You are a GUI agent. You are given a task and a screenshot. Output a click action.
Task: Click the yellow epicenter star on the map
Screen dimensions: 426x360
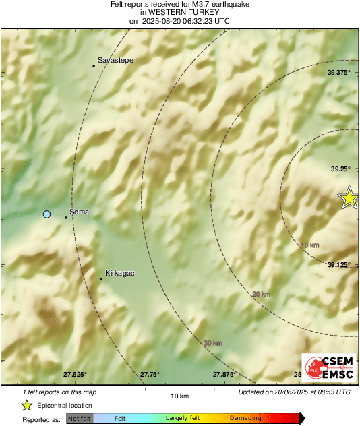point(349,197)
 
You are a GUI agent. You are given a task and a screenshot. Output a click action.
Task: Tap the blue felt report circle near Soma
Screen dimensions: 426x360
point(47,214)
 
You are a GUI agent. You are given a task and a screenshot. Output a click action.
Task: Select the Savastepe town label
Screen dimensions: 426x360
point(116,61)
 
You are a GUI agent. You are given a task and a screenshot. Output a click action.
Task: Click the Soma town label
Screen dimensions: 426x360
point(80,212)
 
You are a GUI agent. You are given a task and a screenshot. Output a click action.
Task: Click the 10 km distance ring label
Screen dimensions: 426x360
point(310,245)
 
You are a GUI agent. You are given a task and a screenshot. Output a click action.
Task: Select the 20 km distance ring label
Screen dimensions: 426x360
point(261,294)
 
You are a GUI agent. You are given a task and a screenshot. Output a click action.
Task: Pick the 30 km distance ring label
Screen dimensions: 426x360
point(213,343)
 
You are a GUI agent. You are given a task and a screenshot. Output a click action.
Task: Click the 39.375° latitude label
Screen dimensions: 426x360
point(339,72)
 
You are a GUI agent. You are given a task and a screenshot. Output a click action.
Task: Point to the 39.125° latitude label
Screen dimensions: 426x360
point(339,265)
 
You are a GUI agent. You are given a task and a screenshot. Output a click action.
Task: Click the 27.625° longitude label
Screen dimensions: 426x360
point(76,374)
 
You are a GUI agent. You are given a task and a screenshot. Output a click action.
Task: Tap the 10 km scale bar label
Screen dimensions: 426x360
point(179,395)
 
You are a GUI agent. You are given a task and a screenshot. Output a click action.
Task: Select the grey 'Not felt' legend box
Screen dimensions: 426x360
point(80,419)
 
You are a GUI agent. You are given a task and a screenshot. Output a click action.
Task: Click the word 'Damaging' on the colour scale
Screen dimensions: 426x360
point(245,419)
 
